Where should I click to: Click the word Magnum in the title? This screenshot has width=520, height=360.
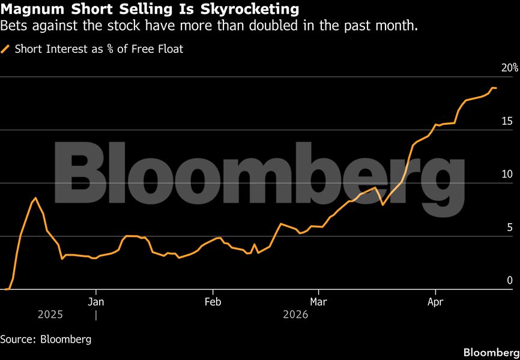tap(30, 10)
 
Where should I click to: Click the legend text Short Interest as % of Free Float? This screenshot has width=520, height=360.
tap(98, 49)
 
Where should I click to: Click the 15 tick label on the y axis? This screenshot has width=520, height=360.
tap(507, 121)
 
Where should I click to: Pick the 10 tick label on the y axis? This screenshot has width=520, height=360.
tap(507, 174)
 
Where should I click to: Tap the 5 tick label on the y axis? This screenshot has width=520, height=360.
tap(510, 227)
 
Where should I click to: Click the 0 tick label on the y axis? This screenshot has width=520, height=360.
tap(510, 280)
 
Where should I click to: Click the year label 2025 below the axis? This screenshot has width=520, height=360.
tap(50, 314)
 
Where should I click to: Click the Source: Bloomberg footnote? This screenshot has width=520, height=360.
tap(46, 339)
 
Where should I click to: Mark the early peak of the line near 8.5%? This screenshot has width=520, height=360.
tap(35, 198)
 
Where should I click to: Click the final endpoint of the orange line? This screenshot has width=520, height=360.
tap(495, 88)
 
